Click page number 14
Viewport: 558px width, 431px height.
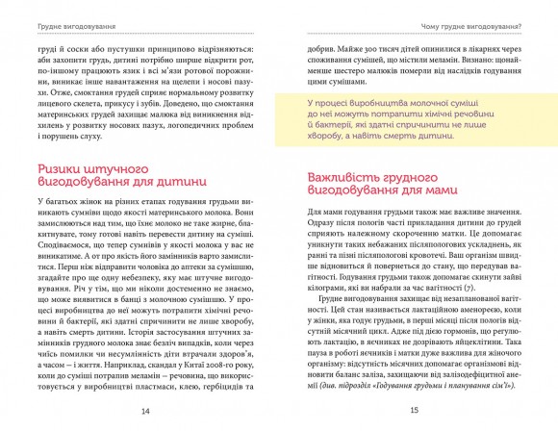click(144, 413)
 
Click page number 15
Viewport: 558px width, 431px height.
click(413, 413)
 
